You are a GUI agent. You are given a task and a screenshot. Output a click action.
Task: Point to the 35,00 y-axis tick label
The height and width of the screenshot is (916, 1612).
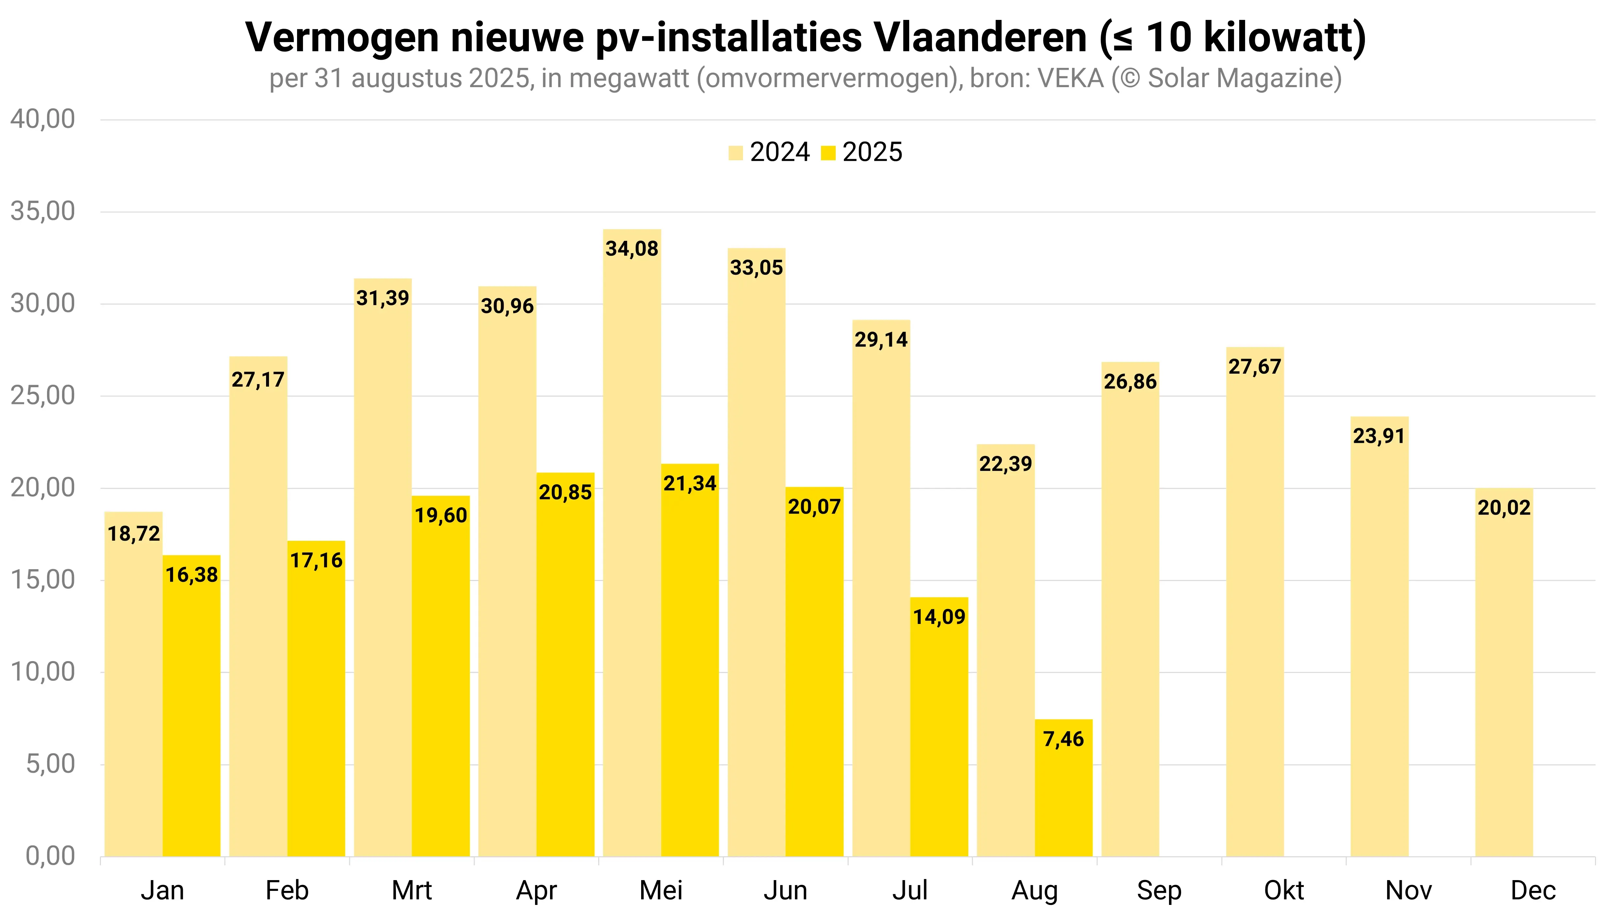click(x=43, y=211)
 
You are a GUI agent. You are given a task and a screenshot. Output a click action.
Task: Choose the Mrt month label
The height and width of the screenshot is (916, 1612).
click(x=412, y=890)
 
